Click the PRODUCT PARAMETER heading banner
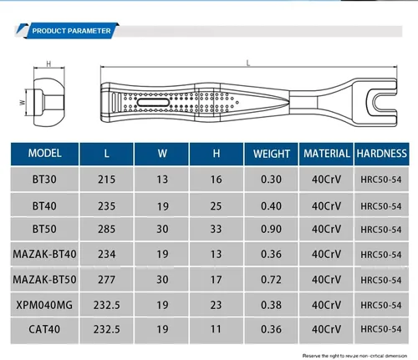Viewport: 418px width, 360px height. [71, 31]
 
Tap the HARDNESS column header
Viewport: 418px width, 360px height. [381, 154]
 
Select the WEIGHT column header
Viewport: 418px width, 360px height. [272, 154]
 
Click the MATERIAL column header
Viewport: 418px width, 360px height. [326, 154]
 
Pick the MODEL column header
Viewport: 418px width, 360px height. [44, 154]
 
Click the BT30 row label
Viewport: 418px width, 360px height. [44, 180]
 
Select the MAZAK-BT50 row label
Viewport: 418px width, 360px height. [44, 280]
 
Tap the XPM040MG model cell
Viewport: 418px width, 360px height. [44, 305]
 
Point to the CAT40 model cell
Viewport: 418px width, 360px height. [44, 329]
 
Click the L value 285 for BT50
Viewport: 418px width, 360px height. [106, 229]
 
